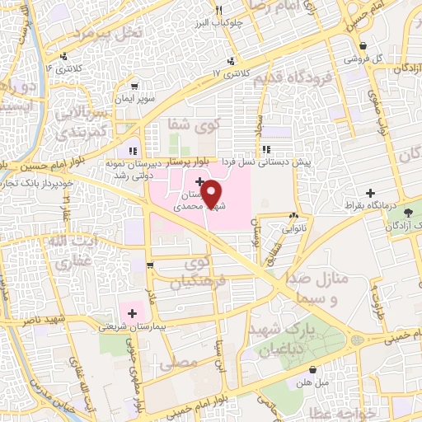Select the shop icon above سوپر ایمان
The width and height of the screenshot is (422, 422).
(x=133, y=86)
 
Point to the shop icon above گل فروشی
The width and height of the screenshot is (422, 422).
(x=363, y=46)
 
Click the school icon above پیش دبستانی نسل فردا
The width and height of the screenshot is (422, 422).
(x=265, y=149)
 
